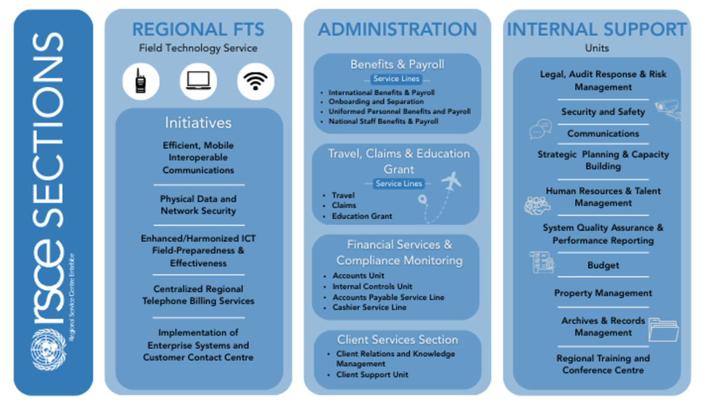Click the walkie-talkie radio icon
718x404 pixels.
pyautogui.click(x=141, y=81)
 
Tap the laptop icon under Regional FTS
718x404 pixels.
pyautogui.click(x=198, y=81)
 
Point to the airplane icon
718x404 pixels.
pyautogui.click(x=451, y=181)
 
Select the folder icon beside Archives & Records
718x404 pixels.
pyautogui.click(x=664, y=329)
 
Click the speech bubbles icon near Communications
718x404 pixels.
pyautogui.click(x=541, y=129)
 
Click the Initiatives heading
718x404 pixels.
pyautogui.click(x=198, y=123)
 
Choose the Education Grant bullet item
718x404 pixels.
pyautogui.click(x=362, y=216)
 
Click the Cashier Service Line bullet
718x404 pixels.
pyautogui.click(x=369, y=307)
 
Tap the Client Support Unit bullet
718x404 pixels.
pyautogui.click(x=372, y=375)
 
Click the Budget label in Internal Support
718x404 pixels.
pyautogui.click(x=603, y=265)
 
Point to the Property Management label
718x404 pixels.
pyautogui.click(x=603, y=293)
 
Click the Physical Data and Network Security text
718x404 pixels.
pyautogui.click(x=198, y=205)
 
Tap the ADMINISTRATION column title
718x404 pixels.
pyautogui.click(x=397, y=29)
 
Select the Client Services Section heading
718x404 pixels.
pyautogui.click(x=397, y=339)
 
